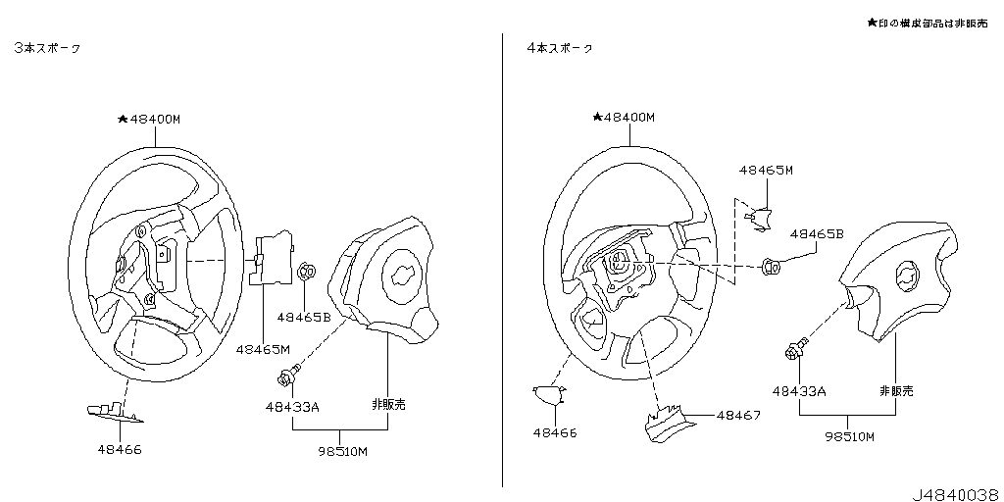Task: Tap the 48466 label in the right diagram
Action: [x=555, y=432]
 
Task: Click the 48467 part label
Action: [x=738, y=416]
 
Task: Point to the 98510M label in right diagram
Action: [x=848, y=436]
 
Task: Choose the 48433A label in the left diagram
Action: [x=291, y=406]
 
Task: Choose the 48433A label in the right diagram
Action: [x=798, y=390]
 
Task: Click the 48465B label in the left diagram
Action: [x=303, y=317]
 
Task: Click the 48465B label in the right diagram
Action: [x=817, y=234]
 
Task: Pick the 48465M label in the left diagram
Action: [x=263, y=348]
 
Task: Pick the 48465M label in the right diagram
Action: [x=766, y=170]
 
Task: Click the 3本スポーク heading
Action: [x=47, y=47]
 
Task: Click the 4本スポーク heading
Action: [x=560, y=47]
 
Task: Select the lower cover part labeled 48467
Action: [x=667, y=423]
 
